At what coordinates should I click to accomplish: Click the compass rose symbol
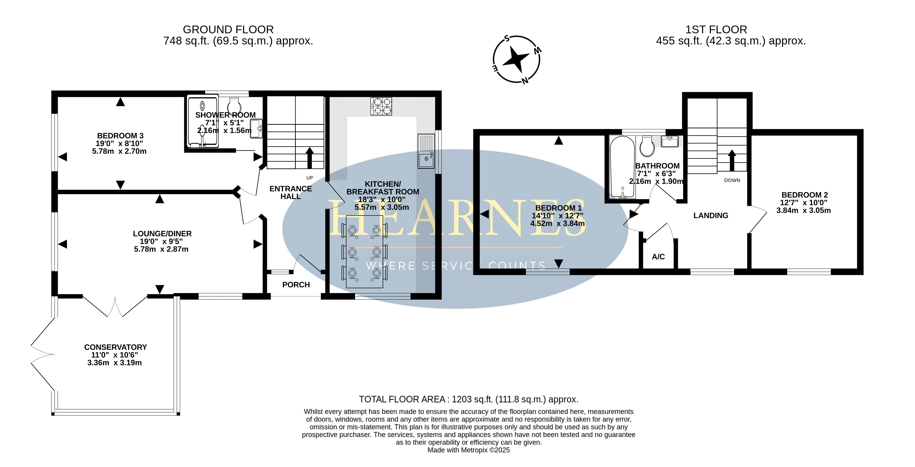pyautogui.click(x=516, y=59)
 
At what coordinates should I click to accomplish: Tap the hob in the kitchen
pyautogui.click(x=381, y=106)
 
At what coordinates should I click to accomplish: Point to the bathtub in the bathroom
pyautogui.click(x=622, y=167)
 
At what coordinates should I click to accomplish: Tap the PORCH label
pyautogui.click(x=296, y=285)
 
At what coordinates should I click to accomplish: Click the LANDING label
pyautogui.click(x=711, y=215)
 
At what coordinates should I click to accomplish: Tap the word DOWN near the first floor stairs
pyautogui.click(x=732, y=180)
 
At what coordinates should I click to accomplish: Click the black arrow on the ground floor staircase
pyautogui.click(x=309, y=158)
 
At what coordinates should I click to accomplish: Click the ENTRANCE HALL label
pyautogui.click(x=291, y=192)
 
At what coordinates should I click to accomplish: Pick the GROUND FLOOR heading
pyautogui.click(x=228, y=30)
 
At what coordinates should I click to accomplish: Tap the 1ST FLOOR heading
pyautogui.click(x=716, y=30)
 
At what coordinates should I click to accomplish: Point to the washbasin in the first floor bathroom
pyautogui.click(x=670, y=141)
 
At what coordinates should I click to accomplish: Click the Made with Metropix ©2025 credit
pyautogui.click(x=468, y=450)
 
